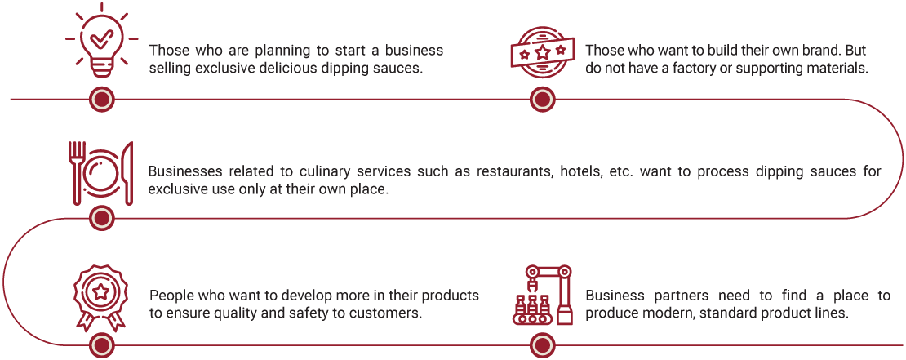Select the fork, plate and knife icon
tap(101, 172)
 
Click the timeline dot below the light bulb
tap(102, 100)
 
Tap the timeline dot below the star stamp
tap(542, 100)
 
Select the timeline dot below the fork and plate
tap(102, 218)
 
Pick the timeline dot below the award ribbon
tap(102, 346)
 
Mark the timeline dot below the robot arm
tap(542, 346)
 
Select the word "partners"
tap(673, 296)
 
